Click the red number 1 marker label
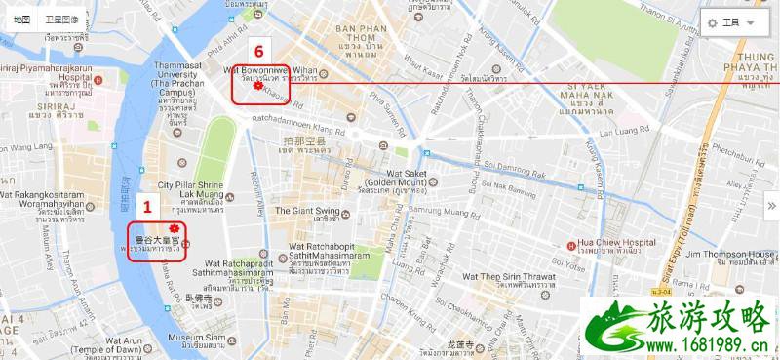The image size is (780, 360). (147, 206)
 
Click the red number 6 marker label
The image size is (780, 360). (258, 50)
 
